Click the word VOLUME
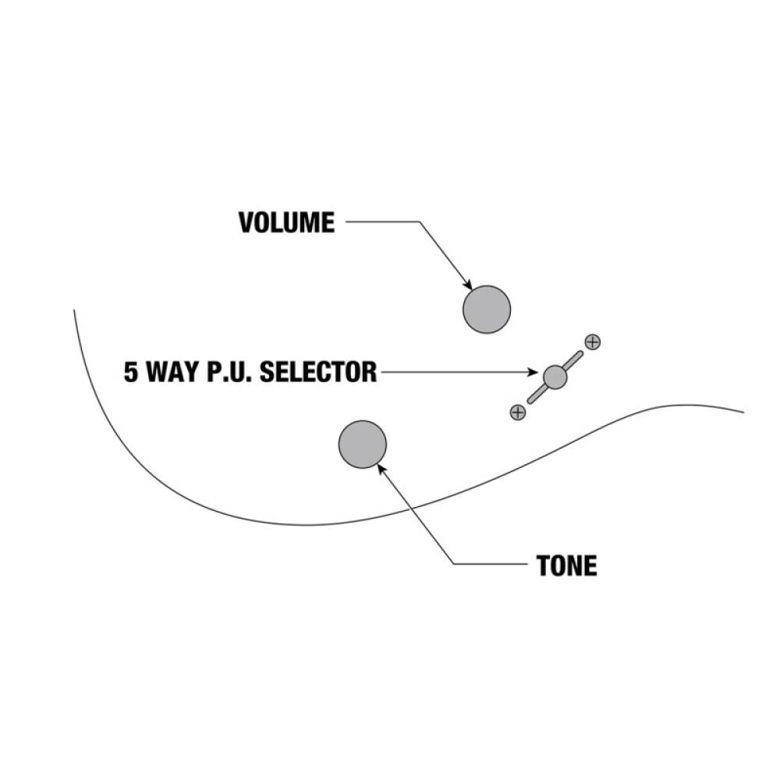286,222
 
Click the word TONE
566,565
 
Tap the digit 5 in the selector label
130,372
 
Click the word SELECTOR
318,372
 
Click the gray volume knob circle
487,310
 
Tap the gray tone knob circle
362,445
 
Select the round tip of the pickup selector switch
555,377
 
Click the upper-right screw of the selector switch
593,342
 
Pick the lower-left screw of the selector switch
518,412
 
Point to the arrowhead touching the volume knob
467,284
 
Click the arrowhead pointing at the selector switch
533,372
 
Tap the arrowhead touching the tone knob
381,469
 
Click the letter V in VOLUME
247,222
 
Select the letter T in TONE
544,565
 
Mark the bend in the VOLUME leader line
420,222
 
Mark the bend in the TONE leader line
454,564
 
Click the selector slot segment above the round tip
573,360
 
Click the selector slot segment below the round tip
537,395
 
